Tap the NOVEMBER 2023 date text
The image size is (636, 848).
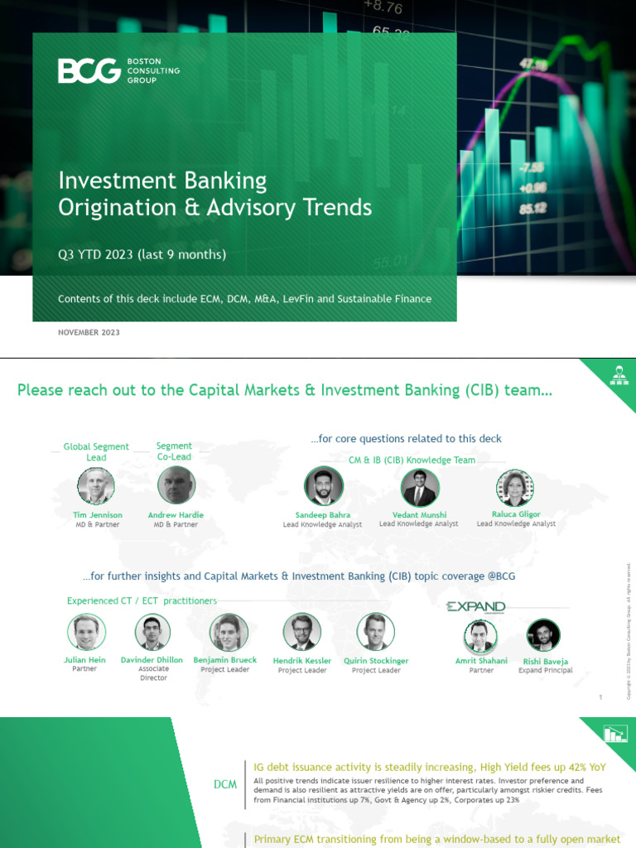[x=89, y=332]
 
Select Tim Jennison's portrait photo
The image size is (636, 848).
[x=96, y=485]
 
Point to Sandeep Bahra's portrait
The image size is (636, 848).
[x=323, y=486]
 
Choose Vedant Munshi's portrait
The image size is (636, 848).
[x=420, y=487]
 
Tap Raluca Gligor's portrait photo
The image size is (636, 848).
[x=514, y=487]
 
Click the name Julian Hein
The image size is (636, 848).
[x=86, y=660]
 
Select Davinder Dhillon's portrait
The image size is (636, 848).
[x=153, y=633]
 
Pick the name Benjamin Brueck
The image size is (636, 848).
[x=225, y=660]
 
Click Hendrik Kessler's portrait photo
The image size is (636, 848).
[x=301, y=632]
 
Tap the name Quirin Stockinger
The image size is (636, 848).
[x=376, y=661]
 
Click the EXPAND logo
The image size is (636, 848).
[x=476, y=606]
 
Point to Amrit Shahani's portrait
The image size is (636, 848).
[x=481, y=637]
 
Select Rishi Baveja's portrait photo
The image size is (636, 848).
[x=544, y=636]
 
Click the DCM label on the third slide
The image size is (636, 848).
[x=224, y=784]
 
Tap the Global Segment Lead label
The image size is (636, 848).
[x=96, y=451]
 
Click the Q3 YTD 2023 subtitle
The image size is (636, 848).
[x=142, y=254]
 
